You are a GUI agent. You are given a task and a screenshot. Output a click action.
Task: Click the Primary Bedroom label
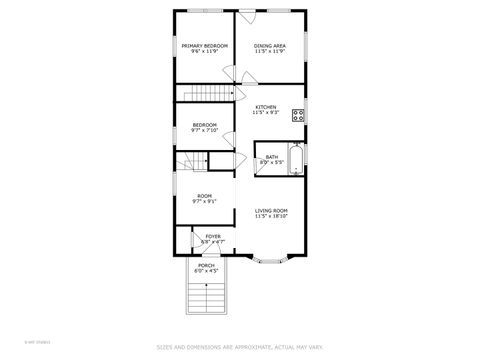pyautogui.click(x=205, y=46)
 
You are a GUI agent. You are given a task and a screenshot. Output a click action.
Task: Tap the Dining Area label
pyautogui.click(x=270, y=46)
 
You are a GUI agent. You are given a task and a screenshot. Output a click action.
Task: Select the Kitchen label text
pyautogui.click(x=265, y=107)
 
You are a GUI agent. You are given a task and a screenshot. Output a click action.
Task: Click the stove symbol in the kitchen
pyautogui.click(x=298, y=114)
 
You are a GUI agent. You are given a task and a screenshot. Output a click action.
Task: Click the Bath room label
pyautogui.click(x=272, y=156)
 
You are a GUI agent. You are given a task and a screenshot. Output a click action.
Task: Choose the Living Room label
pyautogui.click(x=271, y=210)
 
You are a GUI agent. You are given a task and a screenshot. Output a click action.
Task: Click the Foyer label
pyautogui.click(x=213, y=236)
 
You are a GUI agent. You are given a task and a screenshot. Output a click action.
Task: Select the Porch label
pyautogui.click(x=205, y=265)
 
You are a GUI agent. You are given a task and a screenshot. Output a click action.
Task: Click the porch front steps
pyautogui.click(x=204, y=297)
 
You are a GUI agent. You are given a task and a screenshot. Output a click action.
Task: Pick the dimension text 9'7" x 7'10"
pyautogui.click(x=205, y=130)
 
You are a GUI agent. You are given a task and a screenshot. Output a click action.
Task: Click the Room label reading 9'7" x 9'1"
pyautogui.click(x=204, y=196)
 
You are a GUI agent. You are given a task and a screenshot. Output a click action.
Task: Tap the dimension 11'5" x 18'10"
pyautogui.click(x=271, y=216)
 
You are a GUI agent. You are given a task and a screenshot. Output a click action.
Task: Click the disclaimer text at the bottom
pyautogui.click(x=240, y=348)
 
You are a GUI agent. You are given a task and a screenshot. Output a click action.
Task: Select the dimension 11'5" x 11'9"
pyautogui.click(x=270, y=52)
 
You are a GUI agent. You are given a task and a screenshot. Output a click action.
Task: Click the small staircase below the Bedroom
pyautogui.click(x=193, y=161)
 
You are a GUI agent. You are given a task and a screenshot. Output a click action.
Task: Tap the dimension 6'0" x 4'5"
pyautogui.click(x=205, y=271)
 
